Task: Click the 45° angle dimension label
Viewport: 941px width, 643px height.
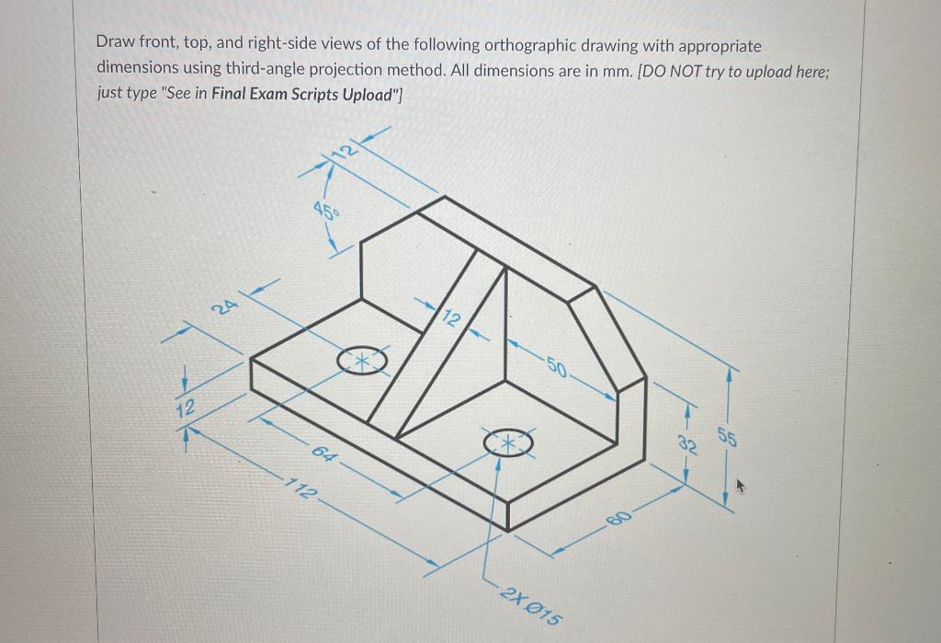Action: click(325, 211)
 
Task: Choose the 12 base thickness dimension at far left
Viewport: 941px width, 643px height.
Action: click(186, 408)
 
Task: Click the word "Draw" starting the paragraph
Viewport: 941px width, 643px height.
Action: click(115, 45)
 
